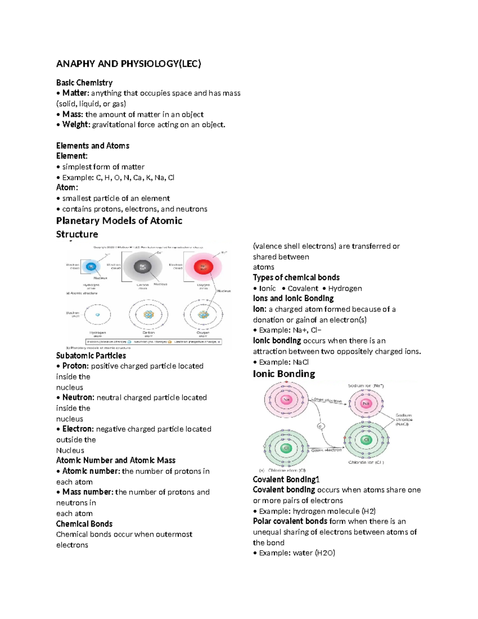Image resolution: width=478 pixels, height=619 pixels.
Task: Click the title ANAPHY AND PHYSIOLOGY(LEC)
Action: click(x=128, y=64)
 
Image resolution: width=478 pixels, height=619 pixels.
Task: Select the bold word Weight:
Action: click(x=76, y=125)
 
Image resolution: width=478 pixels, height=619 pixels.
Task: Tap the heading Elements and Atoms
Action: click(x=92, y=146)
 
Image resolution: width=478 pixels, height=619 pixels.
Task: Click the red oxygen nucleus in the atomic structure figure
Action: click(x=204, y=267)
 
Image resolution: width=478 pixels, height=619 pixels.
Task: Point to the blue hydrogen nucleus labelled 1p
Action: click(x=91, y=267)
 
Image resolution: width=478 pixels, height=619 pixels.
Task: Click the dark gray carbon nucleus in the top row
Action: click(x=143, y=267)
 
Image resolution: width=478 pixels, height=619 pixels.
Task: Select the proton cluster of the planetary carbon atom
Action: click(x=149, y=314)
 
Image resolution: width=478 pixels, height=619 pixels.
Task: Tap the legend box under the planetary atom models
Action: click(x=154, y=342)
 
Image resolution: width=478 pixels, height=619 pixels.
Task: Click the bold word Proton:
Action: click(x=75, y=366)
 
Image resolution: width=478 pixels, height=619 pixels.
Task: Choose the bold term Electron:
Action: click(x=78, y=429)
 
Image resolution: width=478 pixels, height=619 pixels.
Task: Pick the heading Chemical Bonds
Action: click(x=84, y=524)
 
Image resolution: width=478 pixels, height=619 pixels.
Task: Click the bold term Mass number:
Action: click(x=88, y=492)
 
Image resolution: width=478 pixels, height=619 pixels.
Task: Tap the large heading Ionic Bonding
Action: click(x=284, y=374)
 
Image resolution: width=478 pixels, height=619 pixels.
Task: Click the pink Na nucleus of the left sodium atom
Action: click(x=286, y=400)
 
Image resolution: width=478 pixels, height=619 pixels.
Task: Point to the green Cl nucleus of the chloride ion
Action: click(x=366, y=440)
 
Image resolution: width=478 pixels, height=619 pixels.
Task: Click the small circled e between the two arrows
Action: click(x=320, y=426)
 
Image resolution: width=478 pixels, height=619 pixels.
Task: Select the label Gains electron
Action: click(x=326, y=450)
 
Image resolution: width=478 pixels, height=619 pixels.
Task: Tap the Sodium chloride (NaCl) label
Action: click(x=404, y=420)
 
